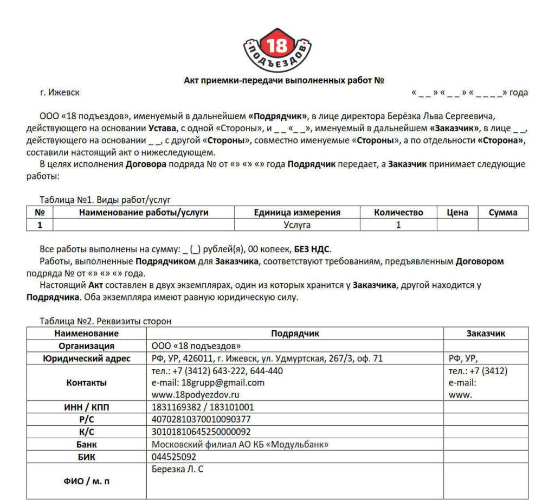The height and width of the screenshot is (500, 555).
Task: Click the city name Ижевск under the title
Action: tap(63, 92)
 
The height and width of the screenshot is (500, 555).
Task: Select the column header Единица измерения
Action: tap(297, 213)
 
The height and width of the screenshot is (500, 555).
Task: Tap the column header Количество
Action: tap(398, 213)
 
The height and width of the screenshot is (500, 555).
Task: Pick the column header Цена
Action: tap(457, 213)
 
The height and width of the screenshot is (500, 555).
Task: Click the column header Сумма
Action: tap(503, 213)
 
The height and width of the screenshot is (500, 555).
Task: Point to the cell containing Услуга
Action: tap(297, 225)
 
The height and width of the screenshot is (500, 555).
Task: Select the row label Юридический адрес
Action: tap(86, 358)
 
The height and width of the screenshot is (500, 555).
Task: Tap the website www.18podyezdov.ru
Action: tap(195, 394)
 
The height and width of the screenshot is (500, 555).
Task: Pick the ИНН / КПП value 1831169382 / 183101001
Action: tap(203, 407)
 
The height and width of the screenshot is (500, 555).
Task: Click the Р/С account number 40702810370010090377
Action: tap(201, 419)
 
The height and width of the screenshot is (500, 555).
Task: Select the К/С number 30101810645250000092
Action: tap(201, 432)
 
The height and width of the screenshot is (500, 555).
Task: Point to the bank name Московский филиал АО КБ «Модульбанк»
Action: tap(240, 444)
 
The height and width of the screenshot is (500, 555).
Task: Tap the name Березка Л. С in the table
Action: tap(177, 469)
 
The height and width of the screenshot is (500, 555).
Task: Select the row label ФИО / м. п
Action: tap(86, 481)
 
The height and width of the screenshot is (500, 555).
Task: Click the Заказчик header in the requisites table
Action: tap(486, 334)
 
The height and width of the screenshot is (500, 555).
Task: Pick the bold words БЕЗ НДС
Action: tap(312, 249)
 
